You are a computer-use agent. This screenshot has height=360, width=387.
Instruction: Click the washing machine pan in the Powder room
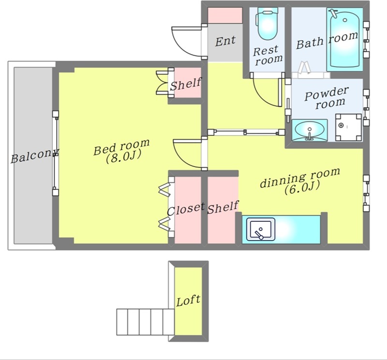[x=348, y=128]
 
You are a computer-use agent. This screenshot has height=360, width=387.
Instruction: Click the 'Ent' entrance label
[x=225, y=41]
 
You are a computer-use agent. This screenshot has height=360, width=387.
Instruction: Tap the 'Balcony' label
[x=34, y=156]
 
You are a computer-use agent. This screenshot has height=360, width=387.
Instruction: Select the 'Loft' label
[x=188, y=301]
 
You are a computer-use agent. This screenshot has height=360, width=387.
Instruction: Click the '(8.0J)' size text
[x=123, y=157]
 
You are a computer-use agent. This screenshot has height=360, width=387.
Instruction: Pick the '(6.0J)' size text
[x=302, y=187]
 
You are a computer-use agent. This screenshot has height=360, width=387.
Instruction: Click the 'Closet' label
[x=186, y=209]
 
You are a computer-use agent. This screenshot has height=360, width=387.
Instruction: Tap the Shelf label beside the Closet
[x=223, y=207]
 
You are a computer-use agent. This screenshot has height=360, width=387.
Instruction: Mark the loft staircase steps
[x=146, y=322]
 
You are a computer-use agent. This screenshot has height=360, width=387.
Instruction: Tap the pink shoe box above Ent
[x=225, y=15]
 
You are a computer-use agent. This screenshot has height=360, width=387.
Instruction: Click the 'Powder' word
[x=326, y=93]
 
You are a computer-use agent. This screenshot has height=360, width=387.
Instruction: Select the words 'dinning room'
[x=300, y=177]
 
